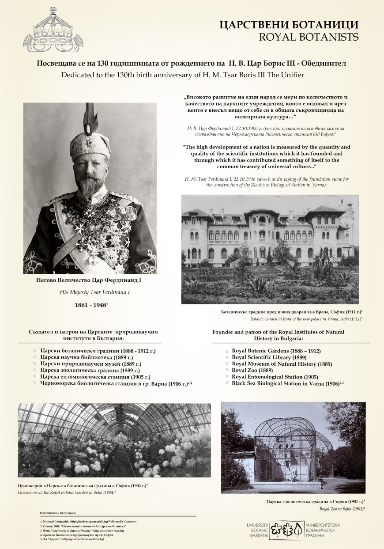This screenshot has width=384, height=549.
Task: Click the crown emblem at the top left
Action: point(53,29)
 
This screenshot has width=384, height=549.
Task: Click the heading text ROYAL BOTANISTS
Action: point(309,37)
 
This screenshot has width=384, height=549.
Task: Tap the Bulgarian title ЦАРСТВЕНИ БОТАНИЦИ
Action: point(289,25)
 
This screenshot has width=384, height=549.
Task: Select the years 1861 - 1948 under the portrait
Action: point(94,305)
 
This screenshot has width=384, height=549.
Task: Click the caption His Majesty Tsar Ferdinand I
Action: point(94,292)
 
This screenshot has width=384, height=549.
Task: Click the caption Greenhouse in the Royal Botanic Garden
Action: point(67,492)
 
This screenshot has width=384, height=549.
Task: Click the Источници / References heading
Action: point(57,513)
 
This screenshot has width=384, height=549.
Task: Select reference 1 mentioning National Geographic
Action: point(88,522)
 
